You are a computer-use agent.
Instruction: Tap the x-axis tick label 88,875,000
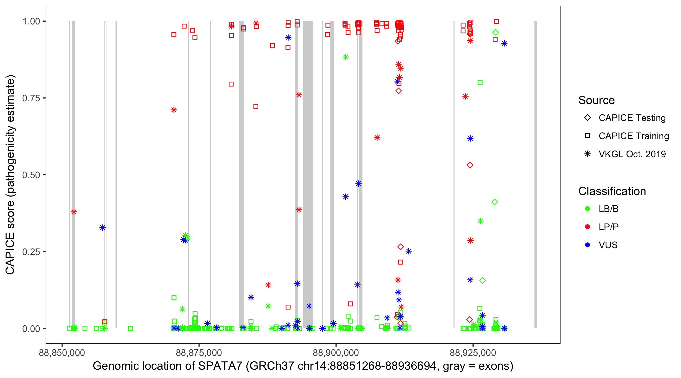click(198, 353)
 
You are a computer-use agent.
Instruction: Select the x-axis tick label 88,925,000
click(473, 353)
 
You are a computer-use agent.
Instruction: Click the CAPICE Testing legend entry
click(632, 118)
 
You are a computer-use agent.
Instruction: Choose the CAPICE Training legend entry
click(633, 136)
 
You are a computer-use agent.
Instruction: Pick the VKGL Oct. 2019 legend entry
click(632, 154)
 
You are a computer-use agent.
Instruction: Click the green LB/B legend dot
click(588, 209)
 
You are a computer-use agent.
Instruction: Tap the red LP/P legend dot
click(588, 227)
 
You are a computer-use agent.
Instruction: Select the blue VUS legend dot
click(588, 245)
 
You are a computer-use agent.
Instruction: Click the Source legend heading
click(597, 100)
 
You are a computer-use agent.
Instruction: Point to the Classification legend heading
click(612, 191)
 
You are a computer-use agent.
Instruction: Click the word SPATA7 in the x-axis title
click(220, 366)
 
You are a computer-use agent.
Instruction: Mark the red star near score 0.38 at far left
click(74, 212)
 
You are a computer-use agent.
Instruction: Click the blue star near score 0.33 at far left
click(103, 228)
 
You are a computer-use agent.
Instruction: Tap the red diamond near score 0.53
click(470, 165)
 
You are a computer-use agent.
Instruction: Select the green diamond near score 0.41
click(495, 202)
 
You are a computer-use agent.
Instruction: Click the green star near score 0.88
click(346, 57)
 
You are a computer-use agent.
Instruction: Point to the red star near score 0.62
click(377, 138)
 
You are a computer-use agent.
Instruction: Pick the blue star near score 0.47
click(358, 184)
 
